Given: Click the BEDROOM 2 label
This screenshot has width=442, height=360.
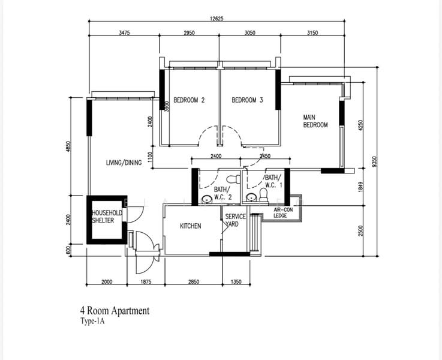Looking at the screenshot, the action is click(x=189, y=100).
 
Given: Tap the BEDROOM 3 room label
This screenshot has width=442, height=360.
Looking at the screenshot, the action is click(x=247, y=100).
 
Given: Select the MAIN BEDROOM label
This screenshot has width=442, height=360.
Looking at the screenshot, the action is click(x=315, y=121).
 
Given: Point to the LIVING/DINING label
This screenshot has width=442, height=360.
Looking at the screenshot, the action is click(x=124, y=163).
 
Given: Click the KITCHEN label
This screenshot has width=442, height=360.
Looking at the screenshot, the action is click(x=191, y=226).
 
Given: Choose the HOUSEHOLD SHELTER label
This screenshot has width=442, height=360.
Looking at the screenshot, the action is click(x=107, y=217).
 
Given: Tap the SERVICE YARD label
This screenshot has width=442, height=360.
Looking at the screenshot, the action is click(x=235, y=220).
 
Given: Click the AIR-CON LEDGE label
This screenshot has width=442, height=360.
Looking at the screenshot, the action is click(x=283, y=213).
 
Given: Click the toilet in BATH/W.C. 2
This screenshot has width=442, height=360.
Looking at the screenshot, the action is click(x=233, y=179).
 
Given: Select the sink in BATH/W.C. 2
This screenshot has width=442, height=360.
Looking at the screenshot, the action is click(x=207, y=199).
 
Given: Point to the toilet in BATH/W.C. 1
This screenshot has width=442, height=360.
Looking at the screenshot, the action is click(x=263, y=195).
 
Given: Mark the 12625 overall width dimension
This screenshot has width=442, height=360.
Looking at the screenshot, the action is click(x=217, y=19).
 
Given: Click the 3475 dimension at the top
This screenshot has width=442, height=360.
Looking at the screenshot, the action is click(x=124, y=33).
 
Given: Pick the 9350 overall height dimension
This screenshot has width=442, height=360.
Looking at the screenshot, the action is click(x=374, y=162).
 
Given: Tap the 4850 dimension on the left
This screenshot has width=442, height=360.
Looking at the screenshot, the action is click(x=68, y=146).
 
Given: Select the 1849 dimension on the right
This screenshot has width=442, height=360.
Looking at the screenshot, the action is click(x=361, y=187).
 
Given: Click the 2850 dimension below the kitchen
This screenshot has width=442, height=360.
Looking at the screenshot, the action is click(x=194, y=281).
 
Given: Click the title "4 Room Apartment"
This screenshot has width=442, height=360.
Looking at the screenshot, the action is click(x=115, y=311).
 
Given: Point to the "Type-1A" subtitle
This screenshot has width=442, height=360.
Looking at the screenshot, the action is click(x=92, y=322).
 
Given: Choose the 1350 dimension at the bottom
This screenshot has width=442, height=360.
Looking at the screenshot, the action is click(x=236, y=281).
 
